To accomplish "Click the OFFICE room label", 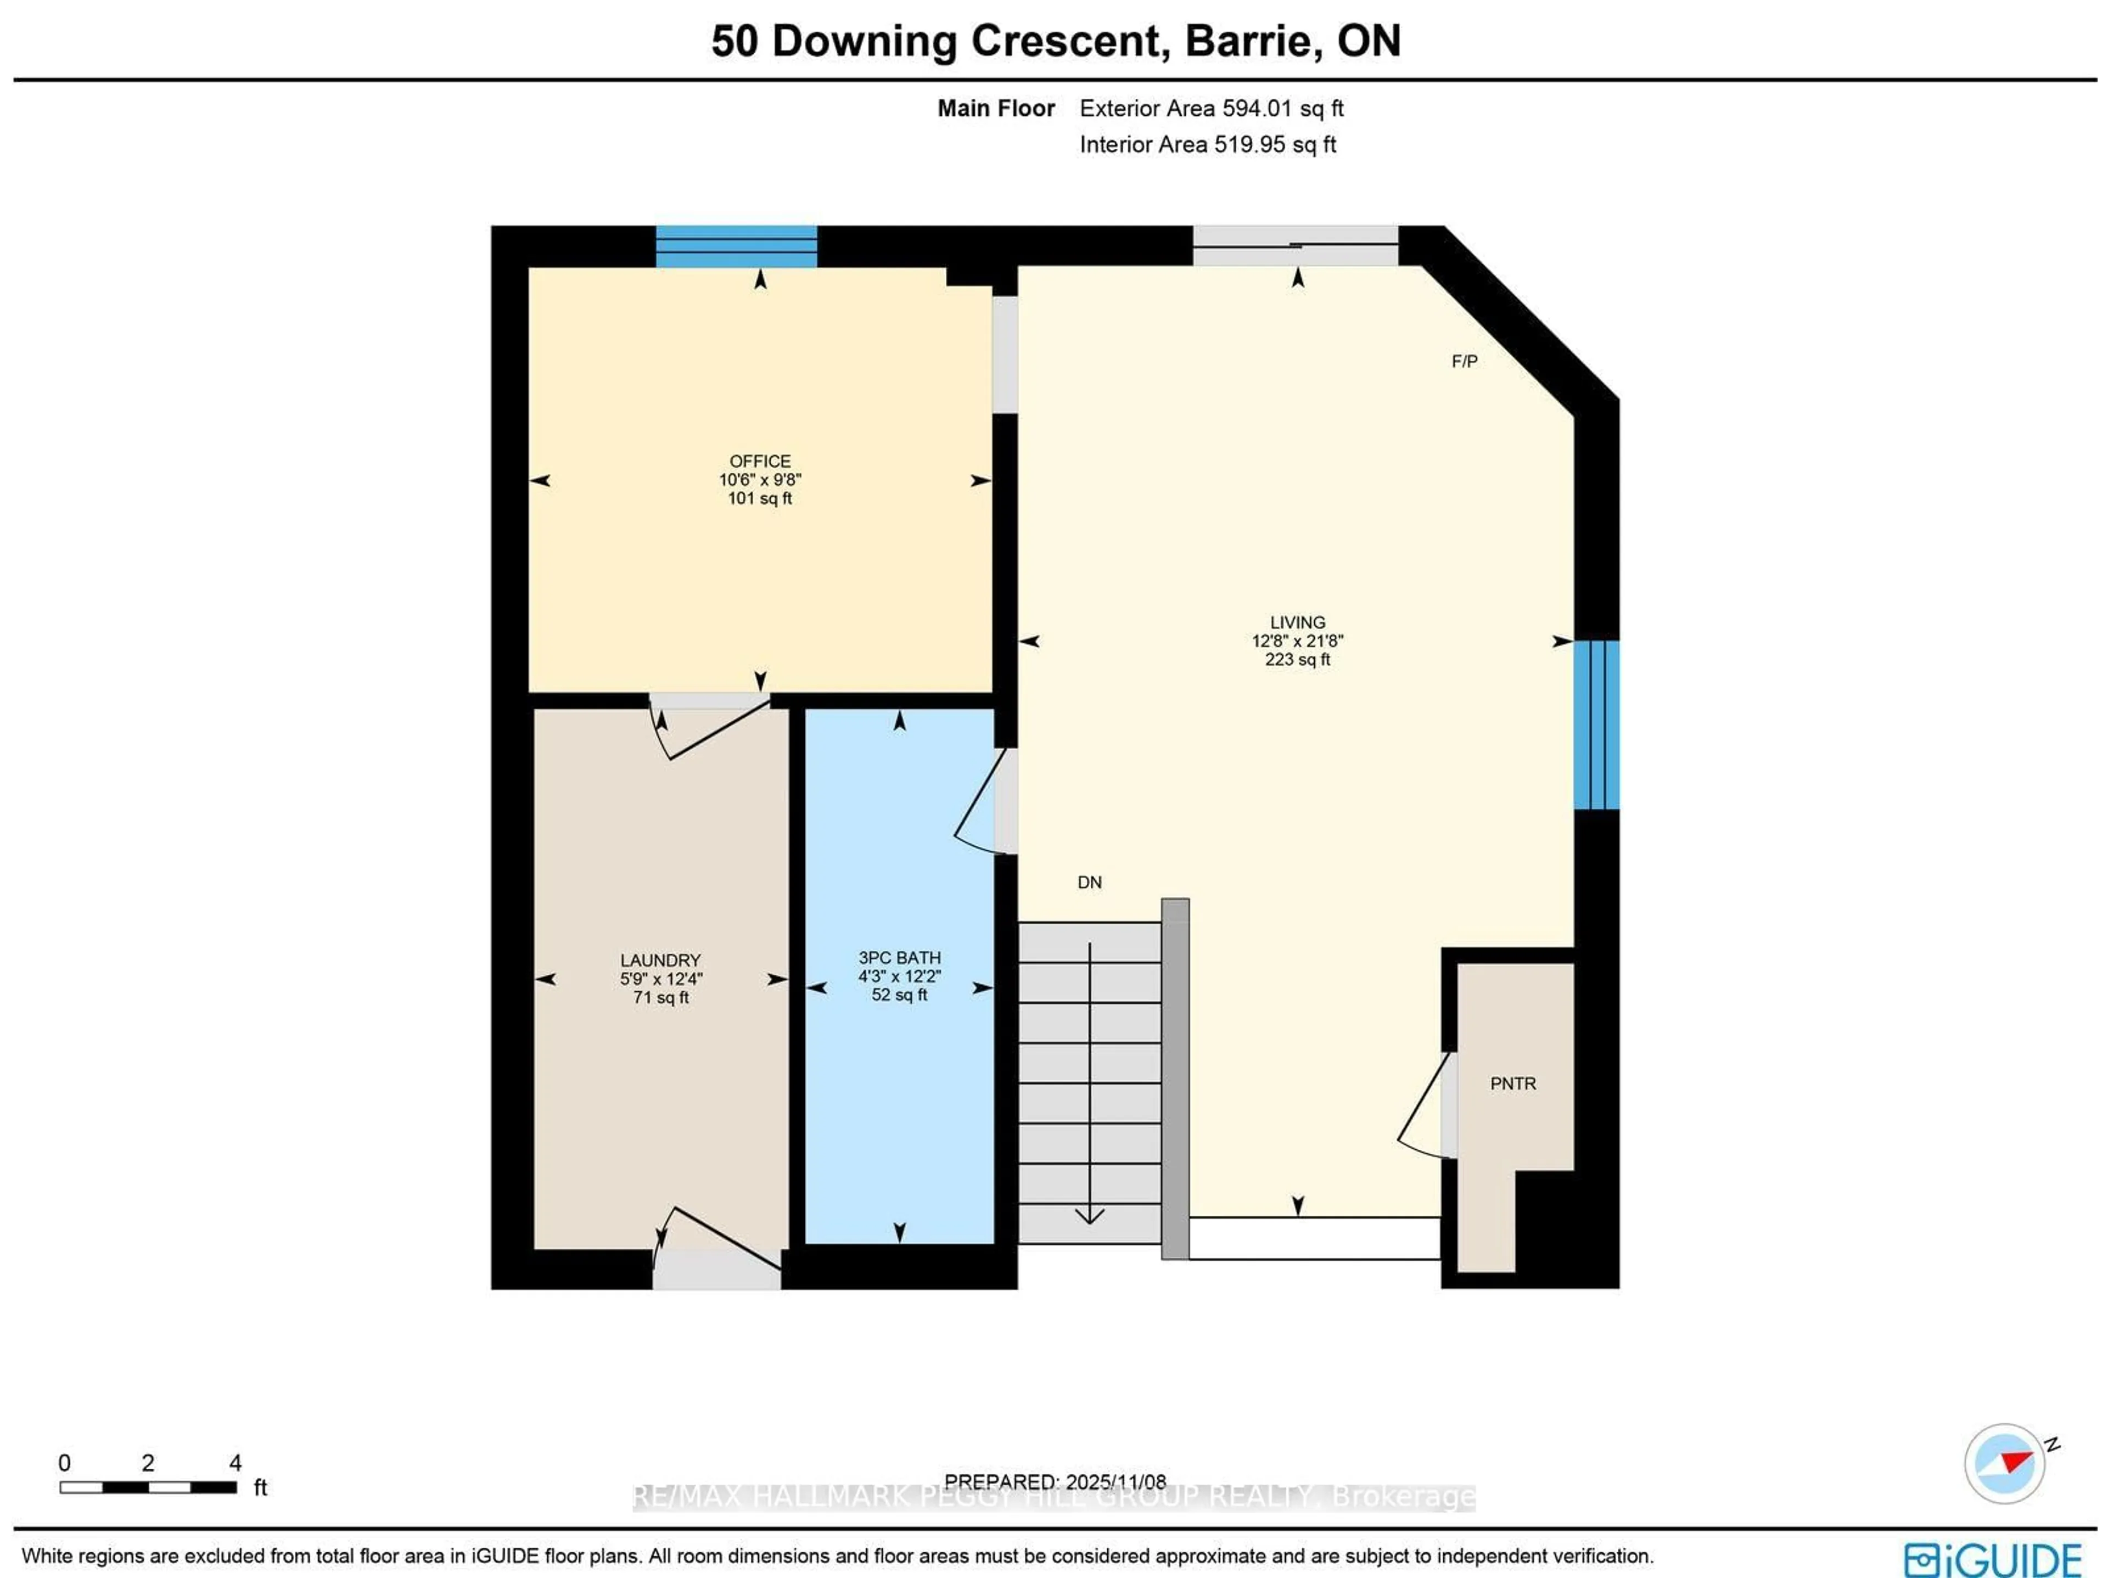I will pos(760,461).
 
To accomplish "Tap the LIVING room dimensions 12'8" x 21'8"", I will pos(1297,641).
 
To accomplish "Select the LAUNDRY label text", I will pos(660,961).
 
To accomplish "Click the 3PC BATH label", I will pos(899,958).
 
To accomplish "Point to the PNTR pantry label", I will pos(1512,1083).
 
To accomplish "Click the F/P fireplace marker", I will pos(1464,361).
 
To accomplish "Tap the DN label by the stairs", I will pos(1089,883).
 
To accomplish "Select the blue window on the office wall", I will pos(736,247).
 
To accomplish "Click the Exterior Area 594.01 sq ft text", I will pos(1210,109).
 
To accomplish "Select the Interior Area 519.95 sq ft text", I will pos(1207,145).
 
